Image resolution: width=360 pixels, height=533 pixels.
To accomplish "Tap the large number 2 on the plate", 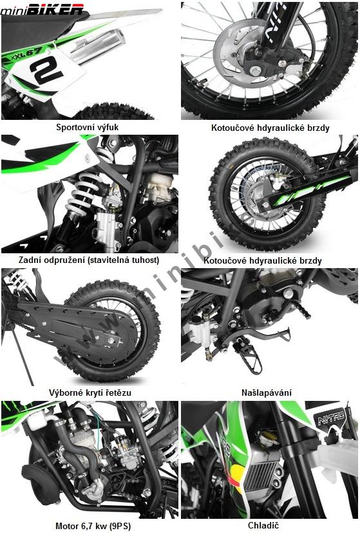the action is tap(46, 70).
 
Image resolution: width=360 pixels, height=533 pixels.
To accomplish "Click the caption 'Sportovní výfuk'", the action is tap(88, 128).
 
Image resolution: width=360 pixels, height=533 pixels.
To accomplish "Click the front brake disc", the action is tap(234, 54).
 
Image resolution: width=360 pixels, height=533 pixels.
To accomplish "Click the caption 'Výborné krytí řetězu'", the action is tap(90, 393).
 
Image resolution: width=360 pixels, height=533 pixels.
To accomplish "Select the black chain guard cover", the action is tap(78, 326).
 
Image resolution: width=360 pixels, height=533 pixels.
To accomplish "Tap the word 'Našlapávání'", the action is tap(267, 393).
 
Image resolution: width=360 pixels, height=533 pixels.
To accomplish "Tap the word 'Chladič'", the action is tap(263, 525).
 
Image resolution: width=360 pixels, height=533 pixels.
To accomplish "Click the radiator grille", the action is tap(259, 473).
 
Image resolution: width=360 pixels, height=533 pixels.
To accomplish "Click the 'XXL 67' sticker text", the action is tap(26, 54).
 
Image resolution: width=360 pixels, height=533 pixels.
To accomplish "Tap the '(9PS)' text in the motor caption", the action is tap(120, 526).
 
